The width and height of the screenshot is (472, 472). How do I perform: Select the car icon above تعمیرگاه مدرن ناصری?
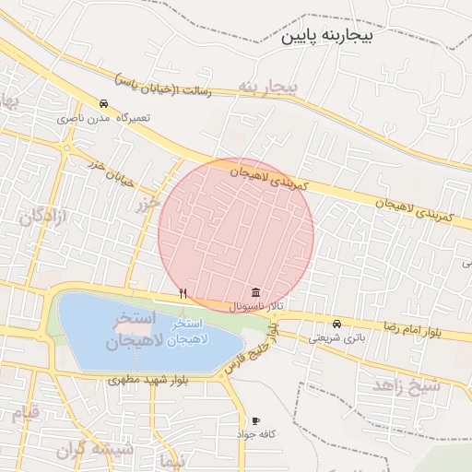(x=103, y=104)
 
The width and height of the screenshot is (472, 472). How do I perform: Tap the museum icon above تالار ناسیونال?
(x=254, y=291)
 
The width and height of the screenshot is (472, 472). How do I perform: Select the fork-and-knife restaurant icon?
(x=183, y=293)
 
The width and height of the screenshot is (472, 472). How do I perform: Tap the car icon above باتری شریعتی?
(x=337, y=324)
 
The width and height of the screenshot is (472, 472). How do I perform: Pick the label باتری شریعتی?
(x=336, y=338)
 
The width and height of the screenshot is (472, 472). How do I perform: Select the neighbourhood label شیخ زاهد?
(x=407, y=385)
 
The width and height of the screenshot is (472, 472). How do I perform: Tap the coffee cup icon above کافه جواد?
(x=255, y=420)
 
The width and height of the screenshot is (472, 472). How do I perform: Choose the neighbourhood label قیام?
(x=24, y=412)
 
